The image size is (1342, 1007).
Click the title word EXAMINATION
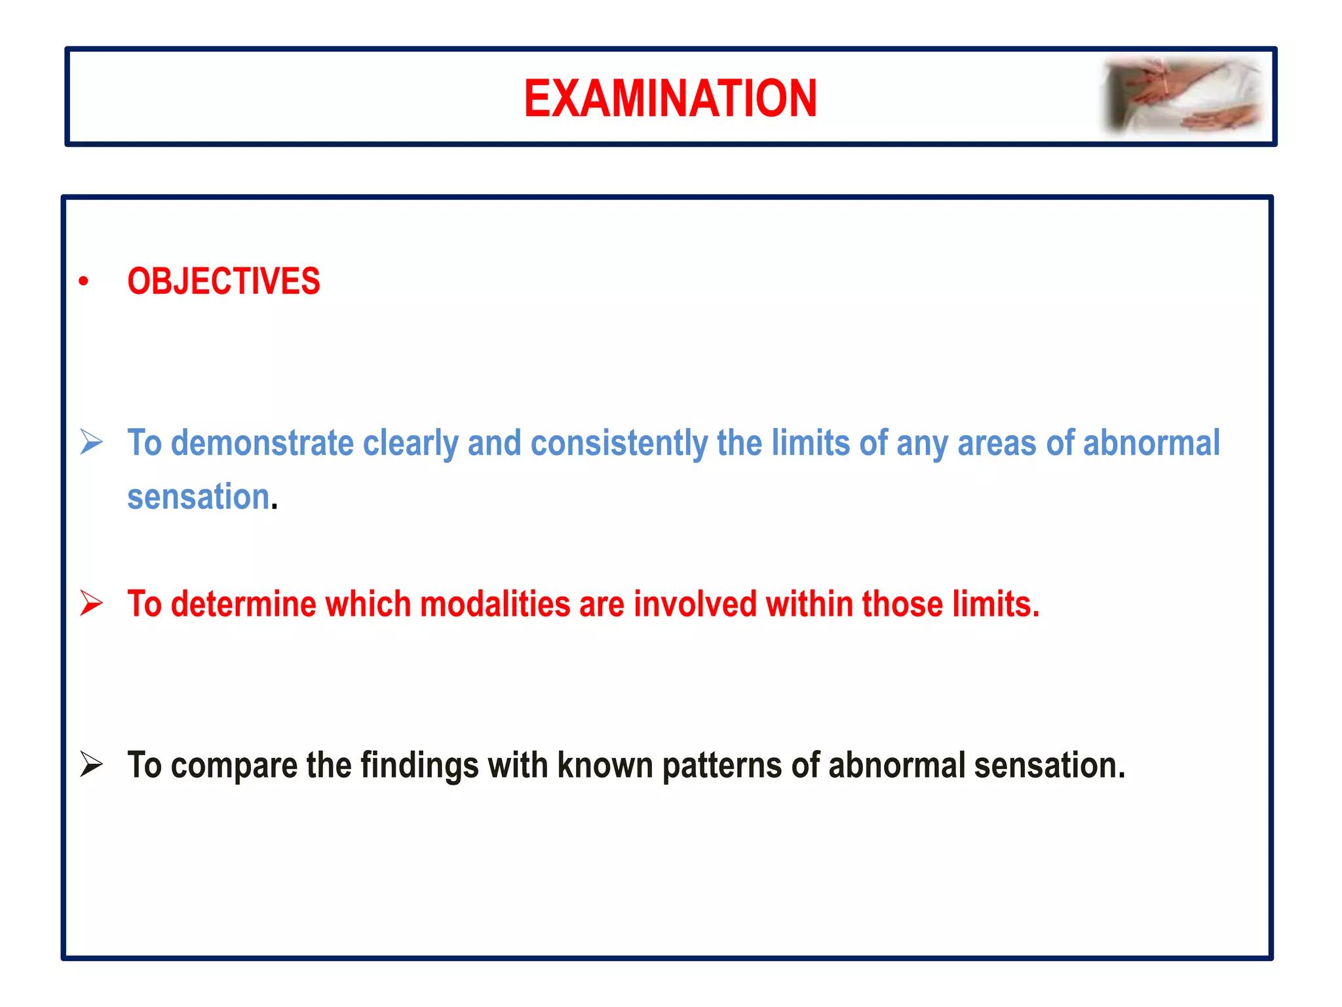click(x=670, y=98)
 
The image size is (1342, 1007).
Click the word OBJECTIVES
click(x=223, y=281)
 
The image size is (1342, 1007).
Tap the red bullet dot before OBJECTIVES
click(x=83, y=282)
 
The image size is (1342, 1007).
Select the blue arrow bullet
click(x=91, y=442)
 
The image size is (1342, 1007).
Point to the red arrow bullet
click(x=91, y=603)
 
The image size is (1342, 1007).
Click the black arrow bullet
click(x=91, y=764)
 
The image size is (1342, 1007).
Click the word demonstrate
click(x=262, y=443)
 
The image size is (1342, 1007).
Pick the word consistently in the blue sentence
click(x=619, y=444)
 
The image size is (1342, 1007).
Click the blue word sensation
click(x=199, y=496)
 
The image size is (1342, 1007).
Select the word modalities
click(x=495, y=604)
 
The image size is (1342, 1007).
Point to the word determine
click(x=243, y=604)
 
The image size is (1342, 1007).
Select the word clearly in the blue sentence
click(x=410, y=444)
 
